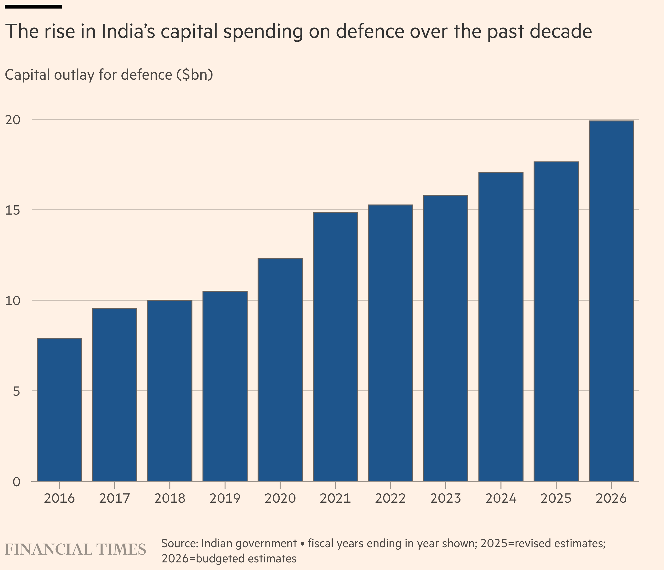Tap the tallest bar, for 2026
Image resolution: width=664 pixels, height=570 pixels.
(611, 301)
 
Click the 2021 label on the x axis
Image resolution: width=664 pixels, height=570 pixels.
(335, 499)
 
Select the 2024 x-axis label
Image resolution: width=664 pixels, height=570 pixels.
(501, 499)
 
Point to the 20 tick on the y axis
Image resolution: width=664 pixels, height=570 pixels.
(13, 120)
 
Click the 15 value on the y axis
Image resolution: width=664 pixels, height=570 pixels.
(13, 210)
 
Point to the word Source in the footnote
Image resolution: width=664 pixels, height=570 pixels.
(180, 543)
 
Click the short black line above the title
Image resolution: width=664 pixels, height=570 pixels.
(33, 6)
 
